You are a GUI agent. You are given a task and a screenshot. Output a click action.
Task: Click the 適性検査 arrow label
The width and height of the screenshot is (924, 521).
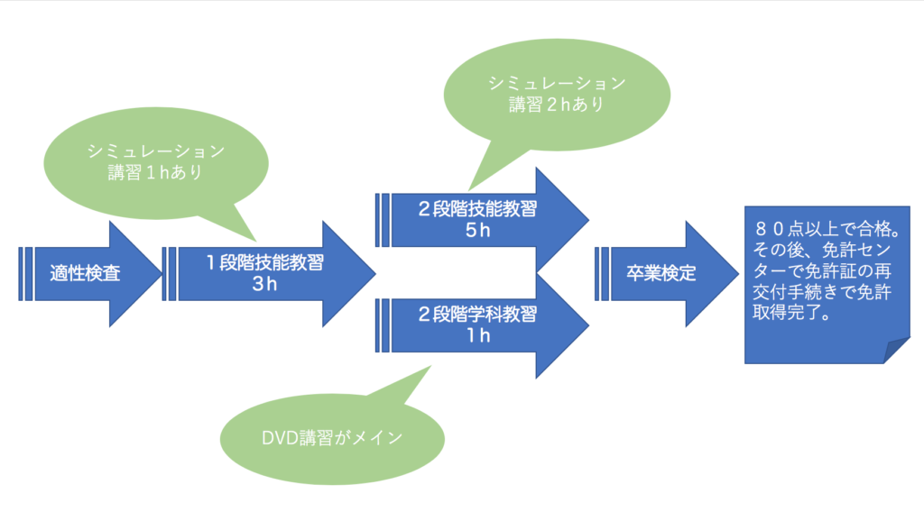(86, 273)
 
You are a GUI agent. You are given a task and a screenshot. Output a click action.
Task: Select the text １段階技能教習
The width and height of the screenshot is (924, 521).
(264, 262)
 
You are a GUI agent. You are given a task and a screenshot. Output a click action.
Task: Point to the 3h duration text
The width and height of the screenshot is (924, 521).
(264, 284)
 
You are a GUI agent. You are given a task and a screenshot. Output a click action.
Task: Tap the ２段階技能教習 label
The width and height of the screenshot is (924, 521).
(477, 209)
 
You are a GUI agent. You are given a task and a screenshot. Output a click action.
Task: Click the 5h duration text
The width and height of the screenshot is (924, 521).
(478, 230)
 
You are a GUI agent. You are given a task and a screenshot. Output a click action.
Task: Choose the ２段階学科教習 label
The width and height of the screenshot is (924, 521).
(477, 315)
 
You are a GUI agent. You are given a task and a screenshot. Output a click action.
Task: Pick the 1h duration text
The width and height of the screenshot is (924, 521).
(478, 335)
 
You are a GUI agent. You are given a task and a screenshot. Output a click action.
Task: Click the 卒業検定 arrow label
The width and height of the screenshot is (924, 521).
(661, 273)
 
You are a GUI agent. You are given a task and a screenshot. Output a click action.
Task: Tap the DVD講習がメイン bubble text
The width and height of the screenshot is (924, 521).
(332, 438)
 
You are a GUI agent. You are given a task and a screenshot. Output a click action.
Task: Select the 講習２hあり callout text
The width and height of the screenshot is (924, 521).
(557, 105)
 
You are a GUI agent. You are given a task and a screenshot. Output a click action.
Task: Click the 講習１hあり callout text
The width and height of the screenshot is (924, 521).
(155, 172)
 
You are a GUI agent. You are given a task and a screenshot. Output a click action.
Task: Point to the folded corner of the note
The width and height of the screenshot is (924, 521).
(896, 351)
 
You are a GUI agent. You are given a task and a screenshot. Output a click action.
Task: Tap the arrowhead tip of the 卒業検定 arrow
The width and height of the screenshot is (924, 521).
(739, 274)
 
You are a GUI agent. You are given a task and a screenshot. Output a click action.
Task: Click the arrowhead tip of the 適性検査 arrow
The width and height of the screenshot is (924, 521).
(162, 274)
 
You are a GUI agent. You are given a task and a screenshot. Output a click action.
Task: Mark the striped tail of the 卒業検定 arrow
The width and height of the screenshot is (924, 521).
(602, 274)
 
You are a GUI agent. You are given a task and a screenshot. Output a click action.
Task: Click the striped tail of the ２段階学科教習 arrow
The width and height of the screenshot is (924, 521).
(383, 325)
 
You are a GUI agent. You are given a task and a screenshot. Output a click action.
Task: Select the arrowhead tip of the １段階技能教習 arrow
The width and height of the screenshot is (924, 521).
(376, 274)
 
